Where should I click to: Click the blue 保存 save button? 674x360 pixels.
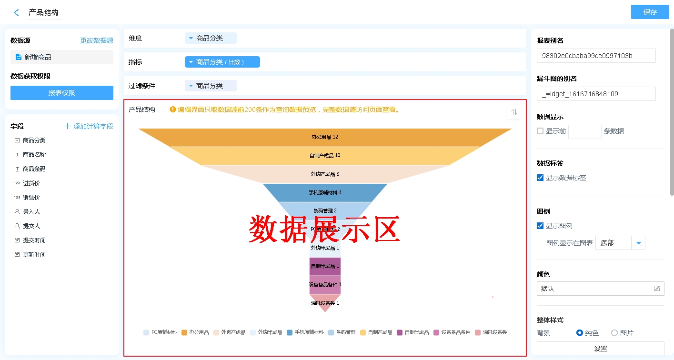[x=650, y=12]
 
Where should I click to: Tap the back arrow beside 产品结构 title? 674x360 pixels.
[x=17, y=13]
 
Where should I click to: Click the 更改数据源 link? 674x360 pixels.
[x=96, y=40]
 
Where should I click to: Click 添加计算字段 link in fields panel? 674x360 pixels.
[x=89, y=126]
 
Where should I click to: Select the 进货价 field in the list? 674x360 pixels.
[x=31, y=183]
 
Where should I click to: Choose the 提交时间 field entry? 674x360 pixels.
[x=34, y=240]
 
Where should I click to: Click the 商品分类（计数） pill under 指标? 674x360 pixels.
[x=222, y=62]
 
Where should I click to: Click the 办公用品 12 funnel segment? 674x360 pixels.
[x=325, y=137]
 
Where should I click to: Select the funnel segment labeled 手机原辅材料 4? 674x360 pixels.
[x=325, y=192]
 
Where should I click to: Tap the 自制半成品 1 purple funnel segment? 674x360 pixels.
[x=325, y=266]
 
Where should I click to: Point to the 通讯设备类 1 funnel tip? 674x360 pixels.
[x=325, y=303]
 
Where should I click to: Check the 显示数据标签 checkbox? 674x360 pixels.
[x=540, y=178]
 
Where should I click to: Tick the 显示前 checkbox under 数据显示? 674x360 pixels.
[x=540, y=131]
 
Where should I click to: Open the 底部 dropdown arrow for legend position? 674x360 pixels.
[x=638, y=243]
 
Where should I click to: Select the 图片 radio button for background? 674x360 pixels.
[x=614, y=333]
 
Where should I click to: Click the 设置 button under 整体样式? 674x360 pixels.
[x=600, y=349]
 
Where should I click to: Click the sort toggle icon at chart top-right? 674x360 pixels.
[x=514, y=112]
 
